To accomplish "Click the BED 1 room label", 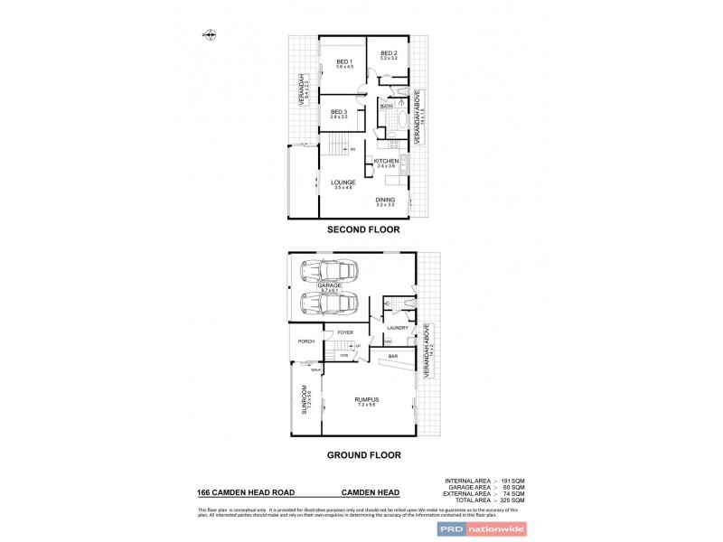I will coord(343,61).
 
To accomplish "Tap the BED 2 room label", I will coord(389,53).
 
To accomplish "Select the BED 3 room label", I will coord(339,112).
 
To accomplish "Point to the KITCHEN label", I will coord(386,161).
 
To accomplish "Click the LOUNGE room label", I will coord(343,182).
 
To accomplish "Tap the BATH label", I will coord(386,107).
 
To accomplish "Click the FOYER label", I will coord(346,332).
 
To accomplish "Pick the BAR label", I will coord(393,357).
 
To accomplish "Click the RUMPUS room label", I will coord(366,399).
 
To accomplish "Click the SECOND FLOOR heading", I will coord(363,231).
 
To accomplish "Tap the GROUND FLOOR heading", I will coord(363,455).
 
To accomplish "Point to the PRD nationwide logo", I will coord(480,530).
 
